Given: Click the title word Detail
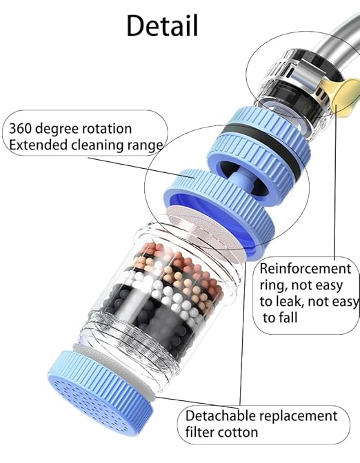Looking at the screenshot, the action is tap(162, 25).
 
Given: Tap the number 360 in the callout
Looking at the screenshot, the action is tap(19, 129).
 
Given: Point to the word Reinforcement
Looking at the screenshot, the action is tap(306, 269).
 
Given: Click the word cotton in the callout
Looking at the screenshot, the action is tap(238, 432).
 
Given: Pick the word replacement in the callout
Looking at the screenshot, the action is tap(298, 416).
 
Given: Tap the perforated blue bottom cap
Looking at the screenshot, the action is tap(100, 393).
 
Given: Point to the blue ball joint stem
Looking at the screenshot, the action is tap(241, 180).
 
